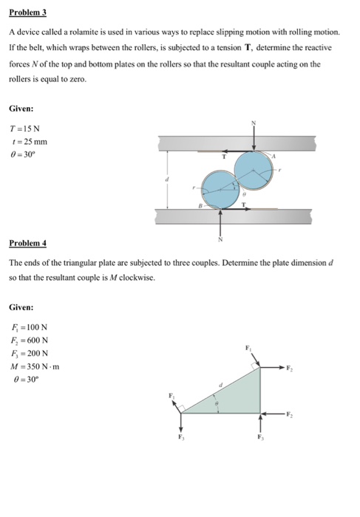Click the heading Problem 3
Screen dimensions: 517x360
[x=25, y=13]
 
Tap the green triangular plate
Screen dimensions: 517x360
[x=237, y=399]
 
